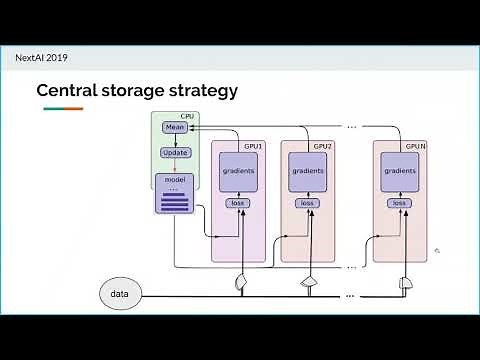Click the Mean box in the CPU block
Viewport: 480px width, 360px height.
(175, 128)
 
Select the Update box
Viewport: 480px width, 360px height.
(175, 153)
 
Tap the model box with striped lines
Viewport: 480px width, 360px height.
(175, 194)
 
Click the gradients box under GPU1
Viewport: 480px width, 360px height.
(238, 171)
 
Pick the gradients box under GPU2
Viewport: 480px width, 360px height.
(307, 171)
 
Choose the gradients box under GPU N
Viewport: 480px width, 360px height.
(400, 171)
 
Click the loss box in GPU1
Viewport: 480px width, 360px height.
(238, 204)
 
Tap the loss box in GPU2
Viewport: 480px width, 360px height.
(307, 204)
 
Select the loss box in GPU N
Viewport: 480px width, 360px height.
(400, 204)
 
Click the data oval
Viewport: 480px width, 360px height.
(120, 294)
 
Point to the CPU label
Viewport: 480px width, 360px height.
(187, 117)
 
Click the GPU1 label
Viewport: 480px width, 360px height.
(253, 146)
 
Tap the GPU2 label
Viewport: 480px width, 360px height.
(322, 146)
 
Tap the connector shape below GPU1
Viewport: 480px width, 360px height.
(240, 284)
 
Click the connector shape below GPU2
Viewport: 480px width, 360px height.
(309, 284)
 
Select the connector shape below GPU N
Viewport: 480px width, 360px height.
(405, 285)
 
